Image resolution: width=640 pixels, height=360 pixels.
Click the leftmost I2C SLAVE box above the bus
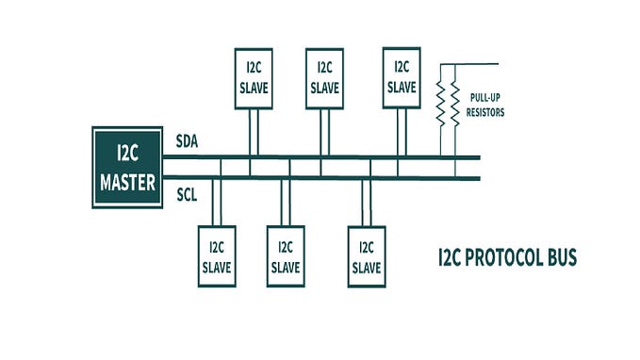(x=253, y=76)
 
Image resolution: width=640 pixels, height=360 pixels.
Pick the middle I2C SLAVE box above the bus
(x=324, y=76)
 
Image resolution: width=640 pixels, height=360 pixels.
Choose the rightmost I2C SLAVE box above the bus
(x=401, y=76)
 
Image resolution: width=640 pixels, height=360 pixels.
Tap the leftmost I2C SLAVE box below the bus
(x=216, y=255)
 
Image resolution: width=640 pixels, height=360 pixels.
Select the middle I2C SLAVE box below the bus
(x=285, y=255)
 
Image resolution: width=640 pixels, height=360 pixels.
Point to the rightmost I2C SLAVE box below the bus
(x=366, y=255)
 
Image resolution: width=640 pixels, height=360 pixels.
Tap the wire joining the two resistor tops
(x=448, y=65)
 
